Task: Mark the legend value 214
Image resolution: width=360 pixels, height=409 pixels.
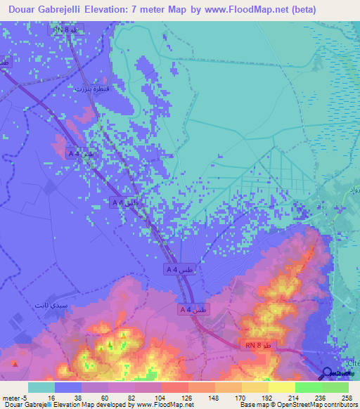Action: pos(295,397)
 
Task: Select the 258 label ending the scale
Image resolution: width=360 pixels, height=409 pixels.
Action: pos(347,397)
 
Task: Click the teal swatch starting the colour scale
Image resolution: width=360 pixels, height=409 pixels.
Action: pos(41,387)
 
